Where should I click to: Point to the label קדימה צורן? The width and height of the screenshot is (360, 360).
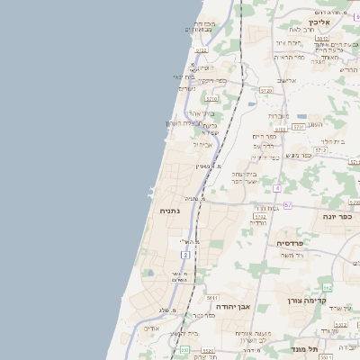304,301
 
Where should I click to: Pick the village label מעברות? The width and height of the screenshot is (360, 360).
278,115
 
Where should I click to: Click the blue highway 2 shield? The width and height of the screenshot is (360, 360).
185,255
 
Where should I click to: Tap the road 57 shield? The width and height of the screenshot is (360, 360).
288,205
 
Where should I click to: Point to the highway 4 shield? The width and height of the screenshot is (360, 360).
278,187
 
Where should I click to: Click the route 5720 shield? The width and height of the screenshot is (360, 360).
265,91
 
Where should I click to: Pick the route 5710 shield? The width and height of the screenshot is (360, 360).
211,98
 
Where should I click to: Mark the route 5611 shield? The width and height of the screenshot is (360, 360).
212,297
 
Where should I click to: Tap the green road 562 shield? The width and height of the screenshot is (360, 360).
328,287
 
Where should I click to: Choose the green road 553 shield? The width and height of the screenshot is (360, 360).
184,349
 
